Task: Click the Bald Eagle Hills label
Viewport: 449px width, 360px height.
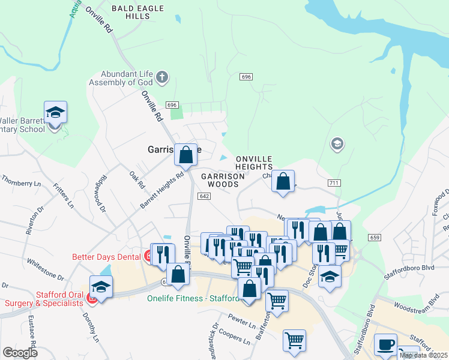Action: [133, 13]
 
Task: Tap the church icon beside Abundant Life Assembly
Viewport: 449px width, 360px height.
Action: [161, 77]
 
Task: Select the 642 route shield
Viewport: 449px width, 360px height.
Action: [204, 196]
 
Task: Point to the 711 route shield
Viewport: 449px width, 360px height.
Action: [335, 182]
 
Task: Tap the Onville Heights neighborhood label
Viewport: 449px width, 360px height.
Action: [254, 163]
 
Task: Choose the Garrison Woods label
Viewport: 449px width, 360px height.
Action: [223, 180]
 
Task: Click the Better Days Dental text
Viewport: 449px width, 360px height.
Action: [106, 257]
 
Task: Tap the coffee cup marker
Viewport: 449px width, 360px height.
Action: [385, 345]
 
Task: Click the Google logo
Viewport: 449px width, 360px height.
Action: [20, 353]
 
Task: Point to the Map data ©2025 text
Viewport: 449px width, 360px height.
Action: [423, 355]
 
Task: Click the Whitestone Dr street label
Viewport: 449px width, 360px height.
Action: [44, 269]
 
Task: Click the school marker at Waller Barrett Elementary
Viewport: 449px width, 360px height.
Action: [55, 112]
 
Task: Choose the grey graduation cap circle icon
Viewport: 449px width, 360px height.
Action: [337, 143]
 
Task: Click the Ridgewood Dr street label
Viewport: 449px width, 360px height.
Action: [98, 193]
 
